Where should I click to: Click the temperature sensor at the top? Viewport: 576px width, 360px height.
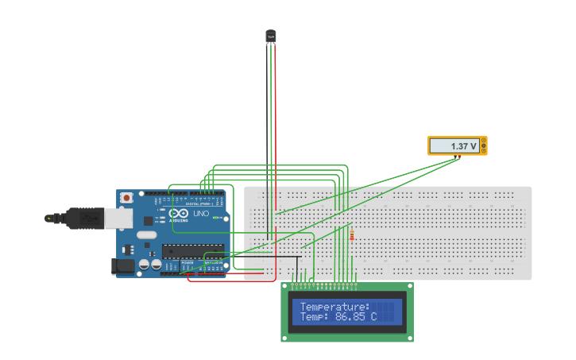pyautogui.click(x=271, y=36)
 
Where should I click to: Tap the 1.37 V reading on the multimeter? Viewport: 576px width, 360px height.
pyautogui.click(x=463, y=146)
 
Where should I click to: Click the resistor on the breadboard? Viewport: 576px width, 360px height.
pyautogui.click(x=352, y=234)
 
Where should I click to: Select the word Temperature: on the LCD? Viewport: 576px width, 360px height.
pyautogui.click(x=334, y=307)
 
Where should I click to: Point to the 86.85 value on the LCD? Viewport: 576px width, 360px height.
pyautogui.click(x=350, y=316)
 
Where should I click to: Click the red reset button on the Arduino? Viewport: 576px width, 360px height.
pyautogui.click(x=126, y=198)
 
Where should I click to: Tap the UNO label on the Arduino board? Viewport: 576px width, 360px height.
pyautogui.click(x=201, y=213)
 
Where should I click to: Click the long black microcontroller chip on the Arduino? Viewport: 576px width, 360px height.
pyautogui.click(x=193, y=251)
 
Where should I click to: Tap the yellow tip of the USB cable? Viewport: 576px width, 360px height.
pyautogui.click(x=48, y=217)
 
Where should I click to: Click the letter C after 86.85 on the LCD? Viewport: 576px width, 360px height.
pyautogui.click(x=373, y=316)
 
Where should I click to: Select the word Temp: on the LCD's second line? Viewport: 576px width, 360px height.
pyautogui.click(x=315, y=316)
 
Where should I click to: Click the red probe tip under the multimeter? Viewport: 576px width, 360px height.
pyautogui.click(x=458, y=158)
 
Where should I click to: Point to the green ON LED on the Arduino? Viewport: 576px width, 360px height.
pyautogui.click(x=215, y=217)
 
